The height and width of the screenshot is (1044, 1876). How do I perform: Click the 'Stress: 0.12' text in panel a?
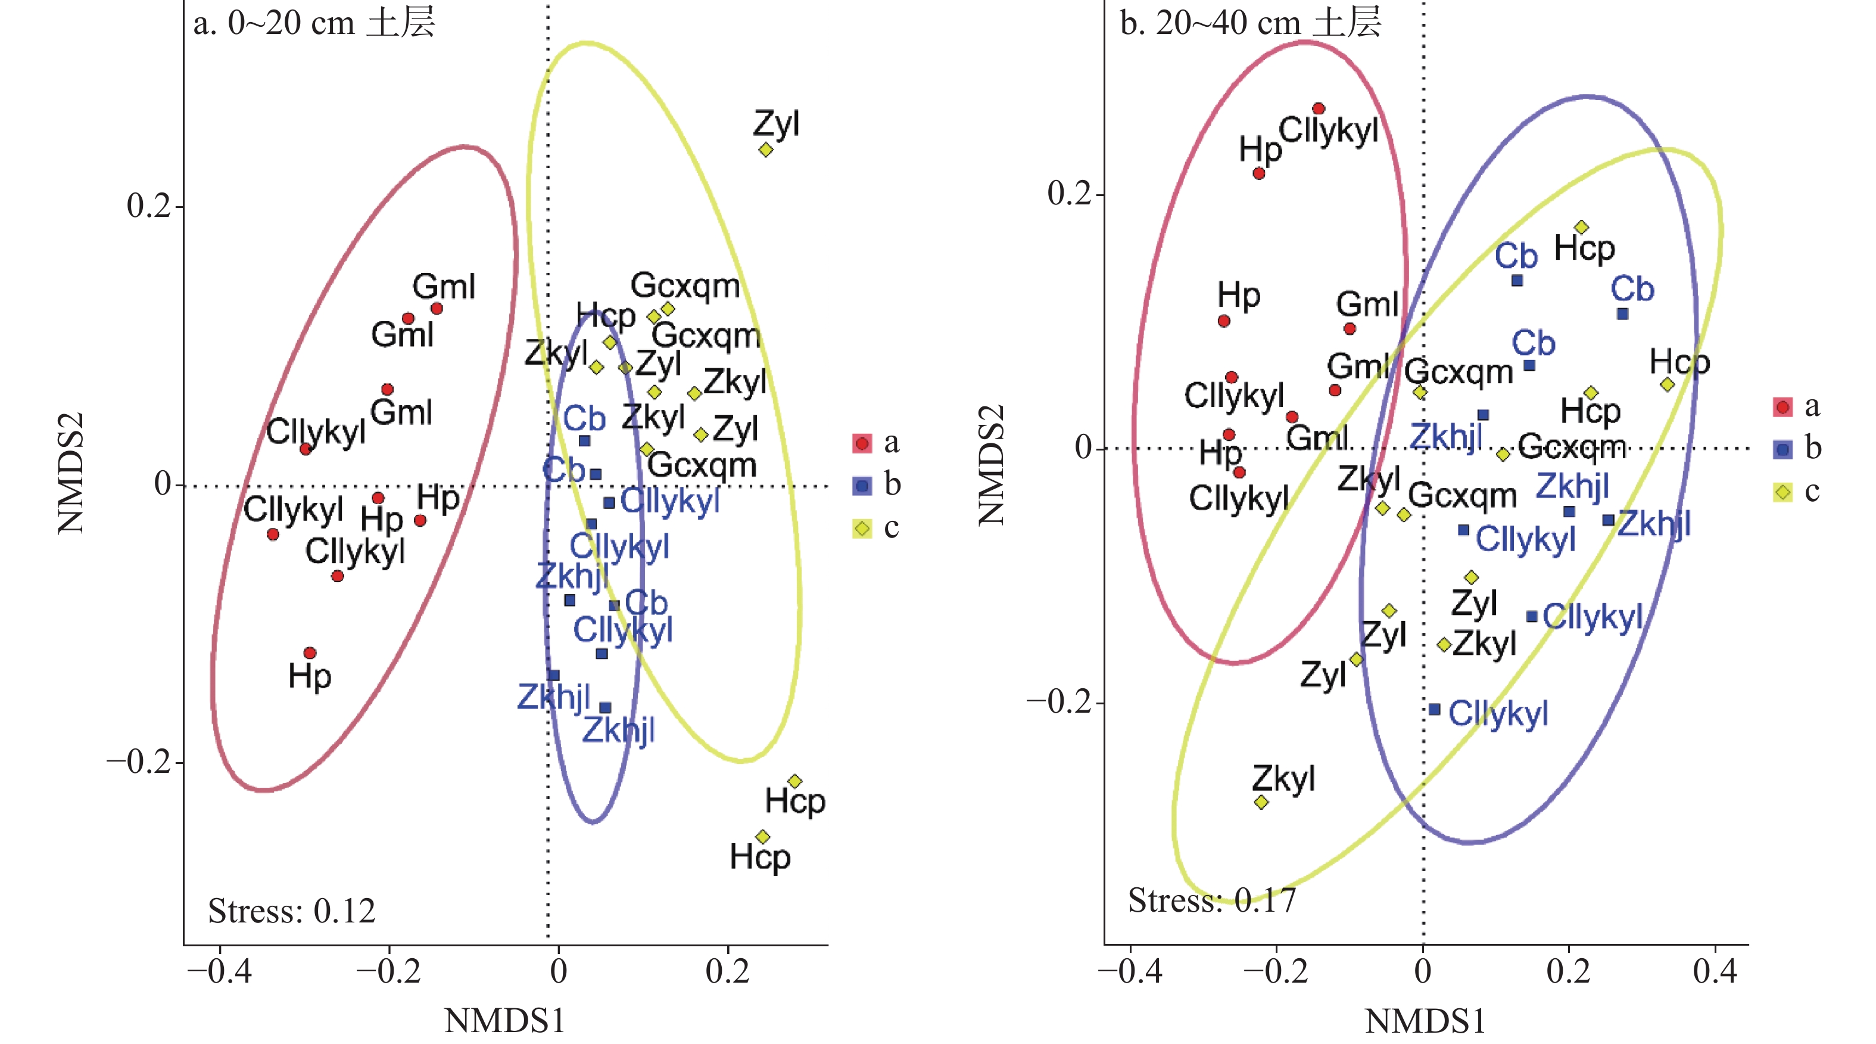[x=291, y=911]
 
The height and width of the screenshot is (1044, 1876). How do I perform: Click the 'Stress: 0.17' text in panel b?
[x=1212, y=900]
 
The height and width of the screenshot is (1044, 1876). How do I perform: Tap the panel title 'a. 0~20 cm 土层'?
[x=314, y=23]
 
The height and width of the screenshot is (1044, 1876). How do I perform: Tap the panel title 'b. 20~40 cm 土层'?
[x=1249, y=23]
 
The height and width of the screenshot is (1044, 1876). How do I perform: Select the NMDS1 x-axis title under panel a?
[x=504, y=1021]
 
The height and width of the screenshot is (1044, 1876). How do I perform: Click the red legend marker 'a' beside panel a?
[x=862, y=443]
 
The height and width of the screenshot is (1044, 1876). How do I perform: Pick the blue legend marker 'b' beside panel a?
[x=862, y=486]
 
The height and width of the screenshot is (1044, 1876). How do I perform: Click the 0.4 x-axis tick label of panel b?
[x=1715, y=971]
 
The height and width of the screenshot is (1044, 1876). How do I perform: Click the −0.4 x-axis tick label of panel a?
[x=219, y=971]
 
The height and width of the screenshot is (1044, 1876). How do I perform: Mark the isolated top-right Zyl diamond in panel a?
[x=765, y=150]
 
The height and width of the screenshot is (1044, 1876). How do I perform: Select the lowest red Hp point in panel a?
[x=310, y=652]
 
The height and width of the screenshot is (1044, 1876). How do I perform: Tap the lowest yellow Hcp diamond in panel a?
[x=762, y=837]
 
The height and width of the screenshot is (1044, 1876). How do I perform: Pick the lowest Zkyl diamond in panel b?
[x=1261, y=802]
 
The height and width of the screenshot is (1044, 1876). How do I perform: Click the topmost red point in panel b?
[x=1318, y=109]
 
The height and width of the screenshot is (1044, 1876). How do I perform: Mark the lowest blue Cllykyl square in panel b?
[x=1435, y=709]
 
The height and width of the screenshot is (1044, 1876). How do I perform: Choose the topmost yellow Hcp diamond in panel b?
[x=1581, y=227]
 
